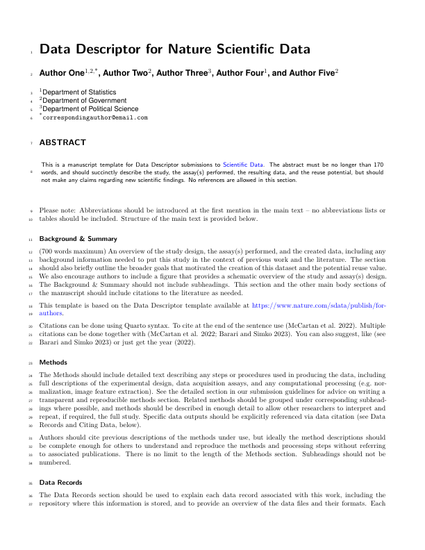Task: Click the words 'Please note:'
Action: pyautogui.click(x=58, y=210)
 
